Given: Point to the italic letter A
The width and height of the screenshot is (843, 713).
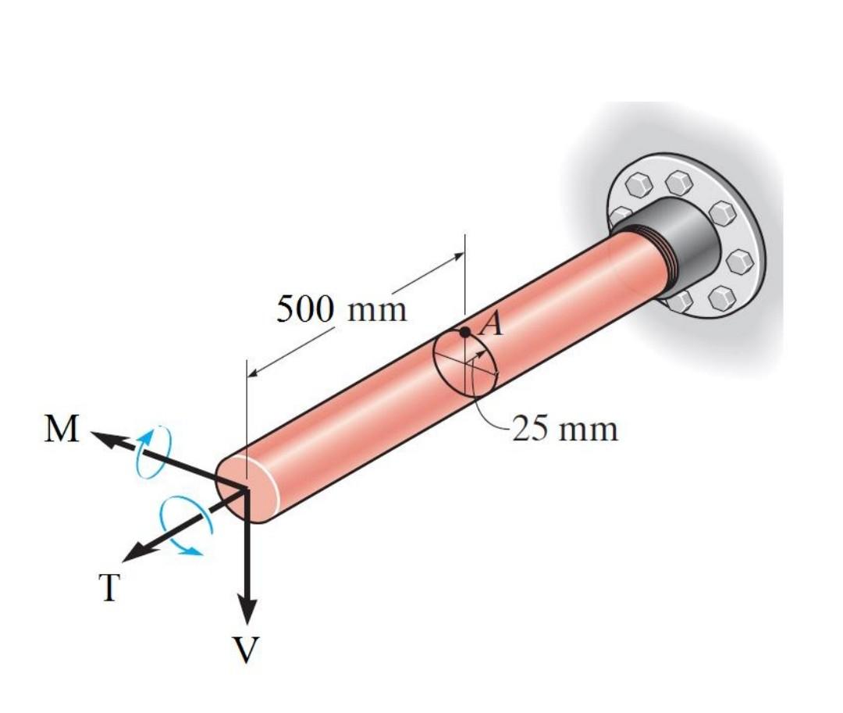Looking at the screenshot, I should click(x=491, y=323).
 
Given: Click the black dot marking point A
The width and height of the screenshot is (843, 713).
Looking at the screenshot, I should click(x=465, y=332).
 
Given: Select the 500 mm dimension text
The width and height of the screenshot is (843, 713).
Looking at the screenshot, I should click(x=342, y=309).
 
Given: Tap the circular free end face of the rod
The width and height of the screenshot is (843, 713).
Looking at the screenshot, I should click(x=245, y=488).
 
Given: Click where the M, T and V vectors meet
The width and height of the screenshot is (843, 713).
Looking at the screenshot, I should click(x=247, y=489).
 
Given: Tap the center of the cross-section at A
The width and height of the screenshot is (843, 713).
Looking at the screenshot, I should click(x=466, y=364).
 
